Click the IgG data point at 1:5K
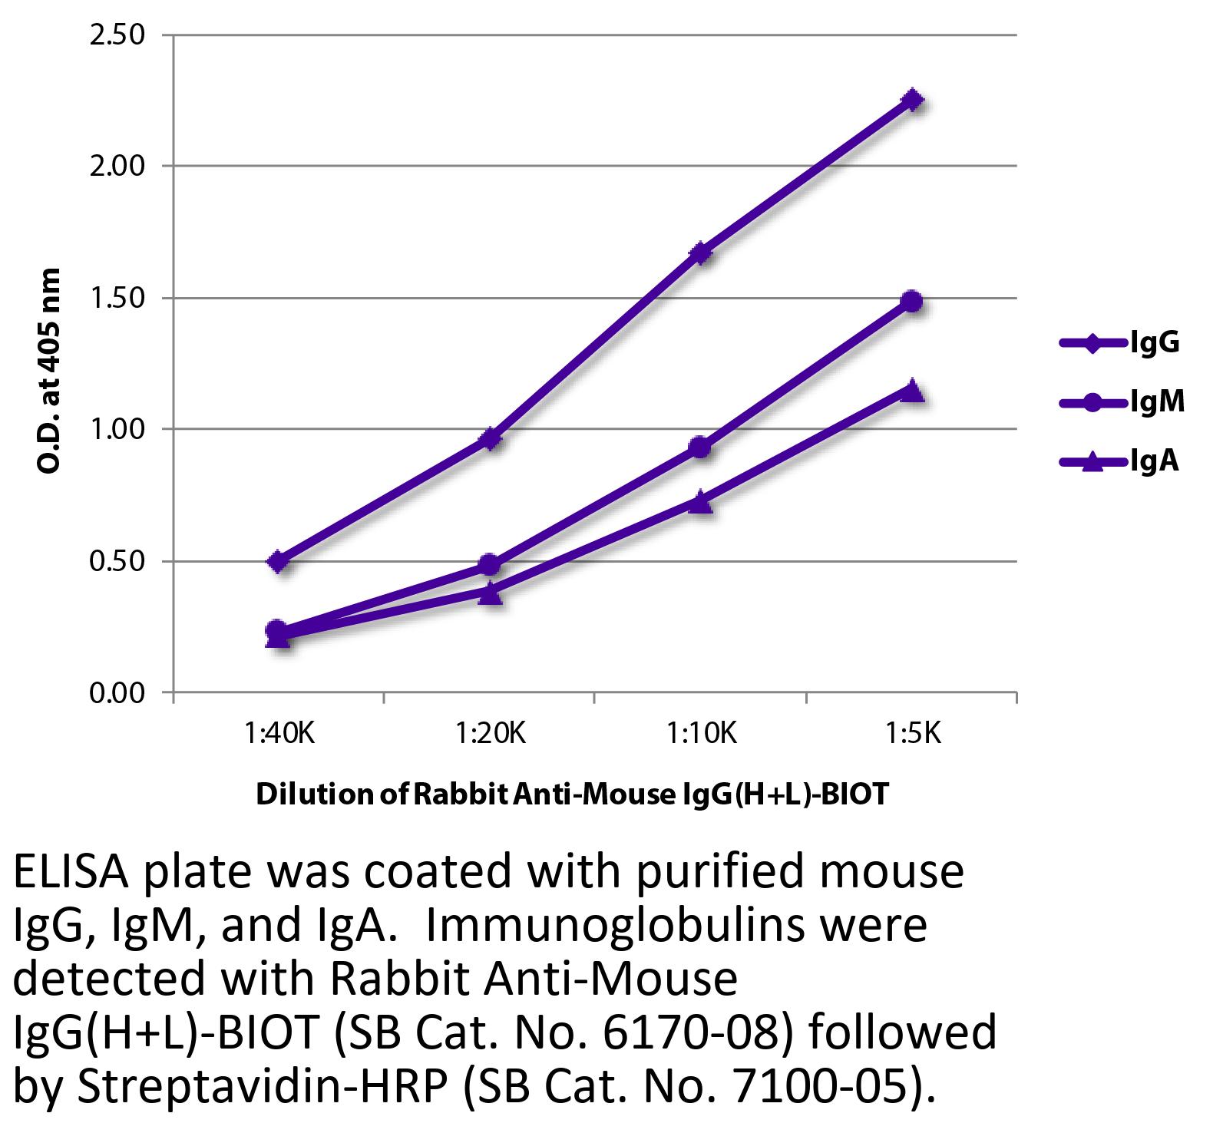tap(912, 100)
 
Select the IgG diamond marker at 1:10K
tap(700, 253)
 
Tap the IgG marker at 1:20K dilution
tap(491, 439)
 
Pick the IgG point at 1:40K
tap(279, 561)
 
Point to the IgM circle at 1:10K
tap(700, 447)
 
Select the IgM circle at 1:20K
tap(489, 565)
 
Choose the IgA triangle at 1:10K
tap(700, 503)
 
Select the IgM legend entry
tap(1121, 401)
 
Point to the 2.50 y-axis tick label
tap(117, 35)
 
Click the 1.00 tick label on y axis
tap(117, 429)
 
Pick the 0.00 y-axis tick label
tap(117, 693)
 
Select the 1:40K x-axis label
tap(279, 735)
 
